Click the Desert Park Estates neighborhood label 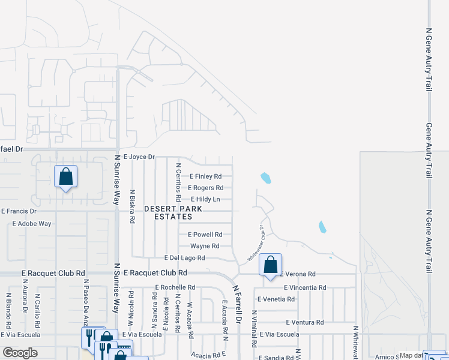pyautogui.click(x=172, y=212)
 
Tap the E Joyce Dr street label pyautogui.click(x=139, y=157)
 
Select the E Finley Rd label pyautogui.click(x=205, y=176)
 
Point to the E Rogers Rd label pyautogui.click(x=205, y=188)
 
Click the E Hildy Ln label pyautogui.click(x=205, y=199)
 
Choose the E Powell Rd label pyautogui.click(x=205, y=235)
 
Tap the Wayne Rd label pyautogui.click(x=205, y=246)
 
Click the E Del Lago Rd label pyautogui.click(x=185, y=257)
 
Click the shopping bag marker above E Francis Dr pyautogui.click(x=65, y=177)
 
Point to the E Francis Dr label pyautogui.click(x=19, y=211)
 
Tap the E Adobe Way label pyautogui.click(x=32, y=223)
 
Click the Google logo pyautogui.click(x=20, y=353)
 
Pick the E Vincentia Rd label pyautogui.click(x=305, y=287)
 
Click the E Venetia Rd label pyautogui.click(x=276, y=299)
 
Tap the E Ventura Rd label pyautogui.click(x=304, y=322)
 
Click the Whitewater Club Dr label pyautogui.click(x=256, y=244)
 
